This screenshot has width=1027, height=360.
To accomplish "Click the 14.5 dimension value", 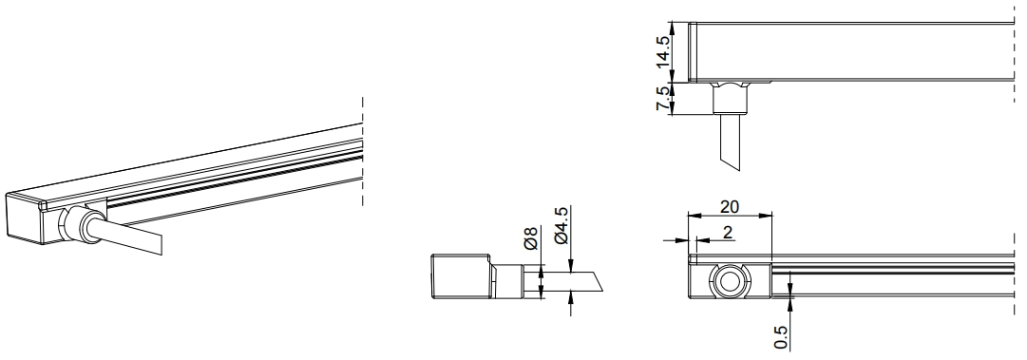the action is click(663, 51).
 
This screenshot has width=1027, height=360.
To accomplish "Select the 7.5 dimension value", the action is click(663, 98).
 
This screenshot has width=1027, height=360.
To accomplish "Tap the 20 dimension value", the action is click(730, 207).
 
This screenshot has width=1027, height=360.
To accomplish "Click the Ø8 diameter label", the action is click(530, 238).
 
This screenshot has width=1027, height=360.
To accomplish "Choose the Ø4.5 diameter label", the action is click(562, 226).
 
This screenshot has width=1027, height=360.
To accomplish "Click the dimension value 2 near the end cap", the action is click(728, 233).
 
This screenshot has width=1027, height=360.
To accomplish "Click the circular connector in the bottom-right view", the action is click(729, 282).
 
